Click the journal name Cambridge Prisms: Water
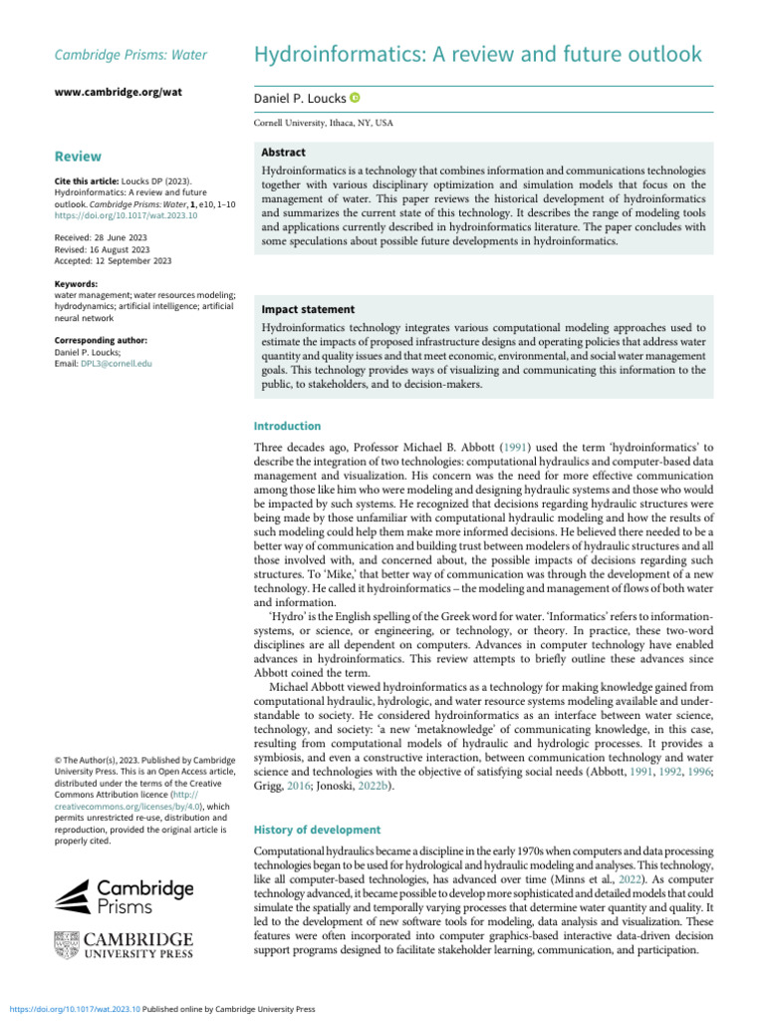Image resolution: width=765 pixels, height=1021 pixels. coord(129,55)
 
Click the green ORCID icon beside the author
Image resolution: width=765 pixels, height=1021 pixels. coord(355,98)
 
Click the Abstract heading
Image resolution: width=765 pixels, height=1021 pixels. coord(283,153)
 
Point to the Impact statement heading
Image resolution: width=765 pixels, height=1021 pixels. coord(308,310)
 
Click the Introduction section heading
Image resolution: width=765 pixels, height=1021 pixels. coord(288,426)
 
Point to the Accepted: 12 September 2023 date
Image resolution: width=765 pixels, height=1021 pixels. coord(113,261)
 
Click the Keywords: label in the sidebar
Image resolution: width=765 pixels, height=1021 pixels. coord(76,284)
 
